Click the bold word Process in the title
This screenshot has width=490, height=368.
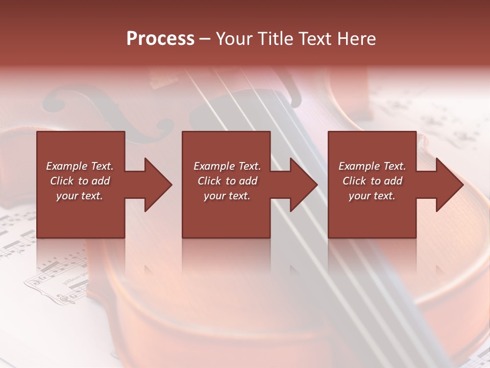point(160,38)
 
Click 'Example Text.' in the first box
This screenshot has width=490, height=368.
point(80,166)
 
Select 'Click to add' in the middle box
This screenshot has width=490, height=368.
point(227,181)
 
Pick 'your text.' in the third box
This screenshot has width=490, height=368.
point(372,196)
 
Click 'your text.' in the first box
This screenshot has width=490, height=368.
point(80,196)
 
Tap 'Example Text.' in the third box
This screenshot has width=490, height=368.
point(372,166)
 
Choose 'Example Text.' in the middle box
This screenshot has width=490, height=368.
point(227,166)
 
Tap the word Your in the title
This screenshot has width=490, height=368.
point(232,38)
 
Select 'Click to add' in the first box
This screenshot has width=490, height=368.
point(80,181)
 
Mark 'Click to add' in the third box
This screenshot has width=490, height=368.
point(372,181)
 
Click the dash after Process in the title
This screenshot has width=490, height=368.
point(205,39)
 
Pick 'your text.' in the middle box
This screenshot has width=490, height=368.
point(227,196)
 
